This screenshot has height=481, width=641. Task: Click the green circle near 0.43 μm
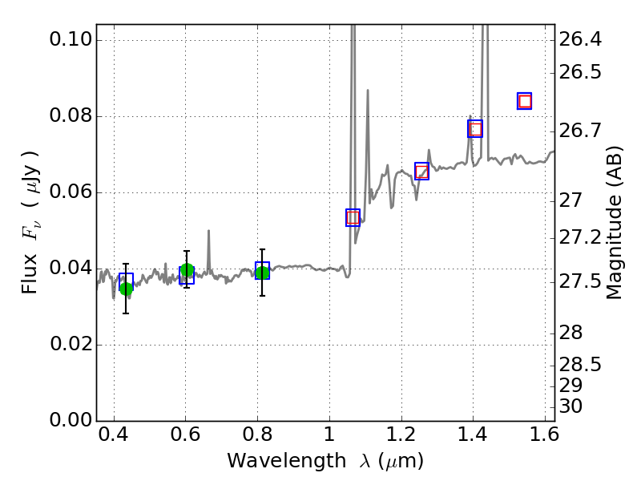126,289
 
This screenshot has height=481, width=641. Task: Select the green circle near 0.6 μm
187,271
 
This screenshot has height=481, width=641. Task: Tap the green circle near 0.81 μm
262,273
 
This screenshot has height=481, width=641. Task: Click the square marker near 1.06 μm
353,217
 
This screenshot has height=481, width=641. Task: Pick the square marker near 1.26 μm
421,171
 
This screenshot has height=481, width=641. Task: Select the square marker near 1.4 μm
475,129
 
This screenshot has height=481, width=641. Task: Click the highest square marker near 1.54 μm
525,101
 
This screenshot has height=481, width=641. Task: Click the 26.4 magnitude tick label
580,40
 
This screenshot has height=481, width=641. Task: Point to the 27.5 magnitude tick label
580,281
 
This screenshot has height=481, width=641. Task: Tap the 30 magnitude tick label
571,406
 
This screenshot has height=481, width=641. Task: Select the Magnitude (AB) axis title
615,222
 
